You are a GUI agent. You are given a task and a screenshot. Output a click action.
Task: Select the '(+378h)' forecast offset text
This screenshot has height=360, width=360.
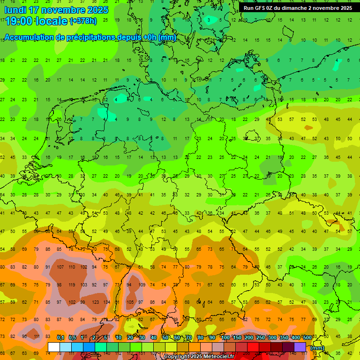click(x=83, y=21)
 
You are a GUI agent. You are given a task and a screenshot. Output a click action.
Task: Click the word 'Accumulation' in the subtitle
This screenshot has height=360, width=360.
click(x=29, y=37)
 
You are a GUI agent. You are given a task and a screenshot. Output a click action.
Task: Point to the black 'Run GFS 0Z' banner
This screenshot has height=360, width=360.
click(x=298, y=8)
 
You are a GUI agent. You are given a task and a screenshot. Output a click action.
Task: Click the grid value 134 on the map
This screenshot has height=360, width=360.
click(x=107, y=302)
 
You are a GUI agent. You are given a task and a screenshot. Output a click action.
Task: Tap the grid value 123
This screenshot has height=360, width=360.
click(x=95, y=302)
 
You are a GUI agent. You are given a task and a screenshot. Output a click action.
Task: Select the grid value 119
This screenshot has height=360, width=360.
click(x=72, y=285)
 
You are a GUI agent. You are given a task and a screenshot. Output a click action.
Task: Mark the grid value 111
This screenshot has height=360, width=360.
click(x=36, y=337)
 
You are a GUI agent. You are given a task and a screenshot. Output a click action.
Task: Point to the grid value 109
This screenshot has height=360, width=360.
click(x=142, y=285)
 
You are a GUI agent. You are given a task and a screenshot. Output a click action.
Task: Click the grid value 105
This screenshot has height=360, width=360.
click(x=130, y=302)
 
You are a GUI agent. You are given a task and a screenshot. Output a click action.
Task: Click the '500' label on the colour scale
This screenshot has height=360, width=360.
click(x=307, y=337)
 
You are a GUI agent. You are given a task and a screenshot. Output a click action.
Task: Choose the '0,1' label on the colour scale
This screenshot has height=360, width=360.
click(x=60, y=337)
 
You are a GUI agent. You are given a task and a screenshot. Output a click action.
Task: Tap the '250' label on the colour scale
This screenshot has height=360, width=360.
click(x=260, y=337)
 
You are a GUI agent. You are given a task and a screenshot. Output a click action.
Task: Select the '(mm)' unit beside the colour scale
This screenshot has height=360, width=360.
click(x=317, y=348)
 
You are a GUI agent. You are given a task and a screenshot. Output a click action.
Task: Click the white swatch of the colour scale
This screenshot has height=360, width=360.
click(x=54, y=347)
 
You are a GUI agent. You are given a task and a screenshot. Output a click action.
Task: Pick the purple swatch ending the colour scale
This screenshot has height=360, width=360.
click(x=300, y=347)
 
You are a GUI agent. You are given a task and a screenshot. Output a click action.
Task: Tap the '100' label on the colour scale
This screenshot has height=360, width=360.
click(x=225, y=337)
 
